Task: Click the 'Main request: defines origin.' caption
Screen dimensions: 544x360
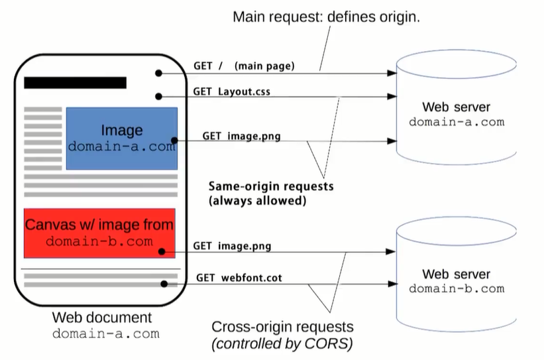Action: (x=326, y=17)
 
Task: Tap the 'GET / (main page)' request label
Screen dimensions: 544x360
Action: (x=244, y=66)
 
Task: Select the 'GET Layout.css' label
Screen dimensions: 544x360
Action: (x=231, y=91)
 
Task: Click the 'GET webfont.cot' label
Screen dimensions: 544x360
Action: (x=239, y=278)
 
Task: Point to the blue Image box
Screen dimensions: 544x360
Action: (x=122, y=139)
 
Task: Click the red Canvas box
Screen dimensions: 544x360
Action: (x=99, y=233)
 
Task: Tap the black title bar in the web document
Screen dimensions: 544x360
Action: (x=76, y=83)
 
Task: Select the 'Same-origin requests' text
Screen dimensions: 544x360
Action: (x=271, y=186)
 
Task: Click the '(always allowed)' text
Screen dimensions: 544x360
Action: (x=258, y=201)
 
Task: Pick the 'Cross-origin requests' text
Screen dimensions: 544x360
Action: (x=282, y=327)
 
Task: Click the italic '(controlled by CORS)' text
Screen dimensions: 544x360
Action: (x=282, y=343)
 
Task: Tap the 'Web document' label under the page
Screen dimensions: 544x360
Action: (x=102, y=318)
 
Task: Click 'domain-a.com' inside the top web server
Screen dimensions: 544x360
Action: (x=457, y=122)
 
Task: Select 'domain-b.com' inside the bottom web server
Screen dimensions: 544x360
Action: (x=457, y=289)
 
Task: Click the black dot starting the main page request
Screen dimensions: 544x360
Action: (x=158, y=73)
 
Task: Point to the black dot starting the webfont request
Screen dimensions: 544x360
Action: (x=164, y=284)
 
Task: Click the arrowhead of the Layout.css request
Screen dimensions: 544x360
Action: (x=392, y=96)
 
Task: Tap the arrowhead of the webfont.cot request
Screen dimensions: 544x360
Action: (x=393, y=284)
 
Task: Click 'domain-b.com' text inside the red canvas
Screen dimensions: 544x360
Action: (x=99, y=241)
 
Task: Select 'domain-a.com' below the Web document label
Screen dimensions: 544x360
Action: (x=106, y=334)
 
